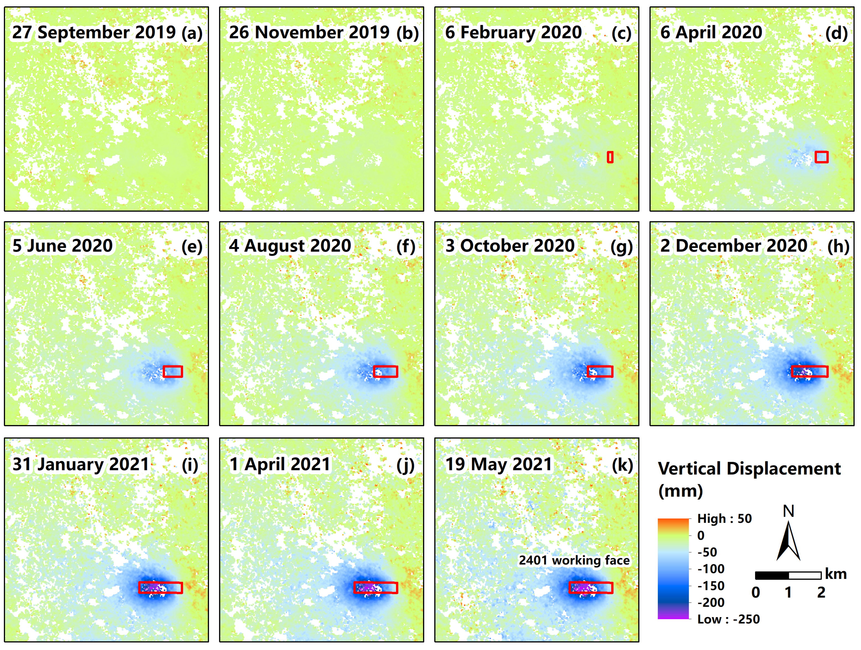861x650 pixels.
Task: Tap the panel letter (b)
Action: (407, 33)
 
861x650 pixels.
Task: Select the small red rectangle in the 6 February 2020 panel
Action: (610, 157)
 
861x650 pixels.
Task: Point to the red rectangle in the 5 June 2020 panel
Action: (173, 371)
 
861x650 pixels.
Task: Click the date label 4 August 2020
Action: (290, 246)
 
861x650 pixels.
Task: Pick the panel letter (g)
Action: (621, 247)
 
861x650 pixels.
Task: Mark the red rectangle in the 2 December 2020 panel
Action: (810, 371)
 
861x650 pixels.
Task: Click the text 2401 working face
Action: (574, 560)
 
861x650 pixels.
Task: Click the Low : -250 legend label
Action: (728, 619)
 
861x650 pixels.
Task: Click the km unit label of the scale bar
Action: (835, 574)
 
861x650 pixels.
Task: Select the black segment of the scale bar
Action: (772, 575)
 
